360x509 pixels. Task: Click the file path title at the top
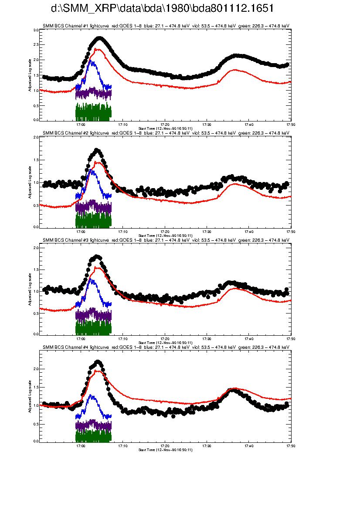(x=162, y=9)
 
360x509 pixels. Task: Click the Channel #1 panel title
(x=166, y=26)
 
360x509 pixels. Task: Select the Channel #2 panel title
(x=166, y=133)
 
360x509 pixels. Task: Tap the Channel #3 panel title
(x=166, y=240)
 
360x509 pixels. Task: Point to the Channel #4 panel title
(x=166, y=347)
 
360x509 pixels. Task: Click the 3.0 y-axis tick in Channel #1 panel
(x=36, y=30)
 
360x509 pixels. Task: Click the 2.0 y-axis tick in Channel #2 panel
(x=36, y=137)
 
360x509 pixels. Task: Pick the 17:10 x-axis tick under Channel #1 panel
(x=122, y=124)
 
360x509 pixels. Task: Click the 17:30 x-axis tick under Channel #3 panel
(x=207, y=339)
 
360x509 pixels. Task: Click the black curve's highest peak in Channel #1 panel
(x=100, y=38)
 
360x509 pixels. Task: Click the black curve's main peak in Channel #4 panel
(x=98, y=362)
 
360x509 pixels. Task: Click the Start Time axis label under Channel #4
(x=165, y=449)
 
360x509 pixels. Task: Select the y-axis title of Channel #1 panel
(x=30, y=75)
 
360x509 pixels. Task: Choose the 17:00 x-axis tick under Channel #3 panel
(x=81, y=339)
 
